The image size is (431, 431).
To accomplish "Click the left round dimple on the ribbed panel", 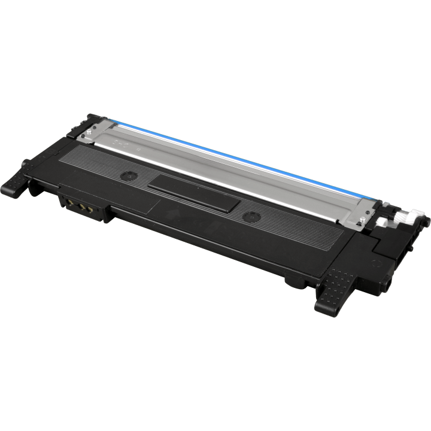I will (128, 176).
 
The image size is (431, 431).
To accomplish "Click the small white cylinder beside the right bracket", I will (383, 223).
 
